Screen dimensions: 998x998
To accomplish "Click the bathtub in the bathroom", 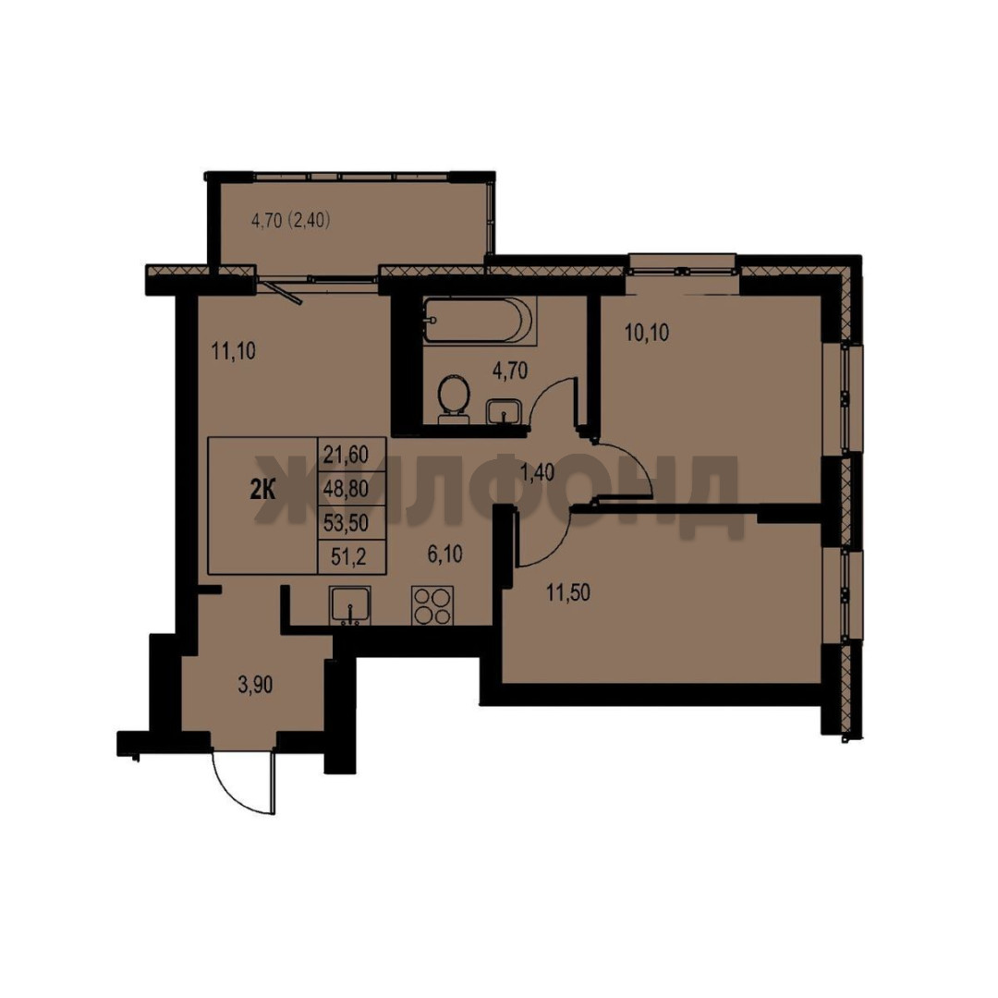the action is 480,320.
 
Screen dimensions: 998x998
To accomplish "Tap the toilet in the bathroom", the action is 454,397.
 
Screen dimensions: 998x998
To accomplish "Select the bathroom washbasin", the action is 505,411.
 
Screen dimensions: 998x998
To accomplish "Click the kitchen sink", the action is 349,605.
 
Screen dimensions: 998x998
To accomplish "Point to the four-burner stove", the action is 432,605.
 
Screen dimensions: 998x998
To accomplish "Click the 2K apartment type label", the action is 262,491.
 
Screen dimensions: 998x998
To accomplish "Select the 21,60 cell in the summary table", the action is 352,455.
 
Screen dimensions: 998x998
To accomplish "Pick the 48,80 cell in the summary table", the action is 352,489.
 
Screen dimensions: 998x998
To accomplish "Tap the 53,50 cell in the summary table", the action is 352,523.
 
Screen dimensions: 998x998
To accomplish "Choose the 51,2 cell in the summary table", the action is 352,557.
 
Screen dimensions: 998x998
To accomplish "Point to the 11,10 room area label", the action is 234,351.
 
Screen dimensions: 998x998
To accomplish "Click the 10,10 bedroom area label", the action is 647,333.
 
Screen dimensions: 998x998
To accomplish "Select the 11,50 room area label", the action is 567,592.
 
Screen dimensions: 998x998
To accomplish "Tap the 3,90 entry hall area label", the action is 255,685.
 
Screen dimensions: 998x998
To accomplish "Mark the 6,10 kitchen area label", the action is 444,554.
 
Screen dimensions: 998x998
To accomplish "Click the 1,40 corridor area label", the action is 537,473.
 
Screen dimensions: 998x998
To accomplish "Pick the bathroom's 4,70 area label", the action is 510,370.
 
